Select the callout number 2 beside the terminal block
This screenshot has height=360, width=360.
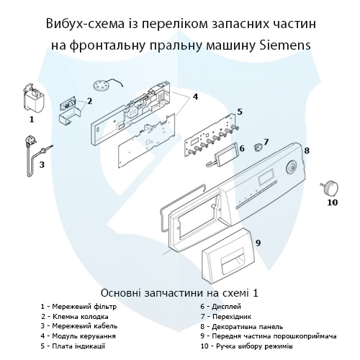click(89, 101)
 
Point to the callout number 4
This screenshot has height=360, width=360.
click(196, 96)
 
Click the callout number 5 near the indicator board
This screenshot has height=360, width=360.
click(239, 112)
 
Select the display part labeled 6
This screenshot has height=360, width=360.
click(229, 151)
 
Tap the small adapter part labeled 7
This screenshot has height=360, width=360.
click(256, 143)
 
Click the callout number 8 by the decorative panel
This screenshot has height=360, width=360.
click(306, 150)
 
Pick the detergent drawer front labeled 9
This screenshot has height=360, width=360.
click(228, 263)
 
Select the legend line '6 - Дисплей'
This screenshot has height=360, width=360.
click(224, 306)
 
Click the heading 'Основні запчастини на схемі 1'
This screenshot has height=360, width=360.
click(179, 293)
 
